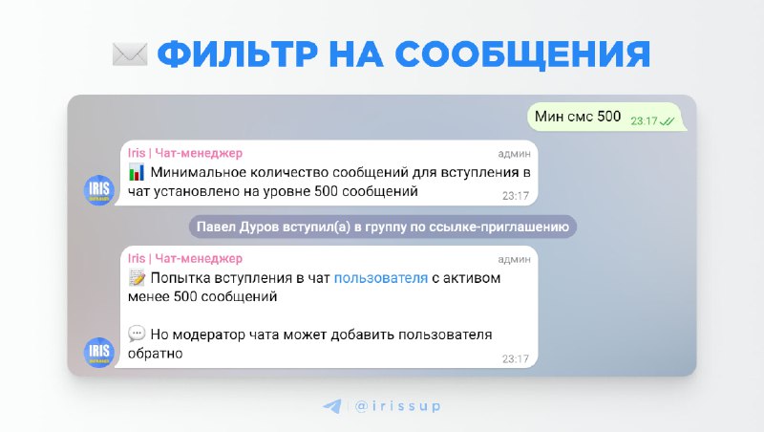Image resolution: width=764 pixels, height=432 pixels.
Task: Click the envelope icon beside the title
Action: (x=130, y=54)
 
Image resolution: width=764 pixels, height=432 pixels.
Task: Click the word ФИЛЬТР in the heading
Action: (x=238, y=54)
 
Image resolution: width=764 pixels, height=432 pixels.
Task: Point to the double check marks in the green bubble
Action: (x=667, y=121)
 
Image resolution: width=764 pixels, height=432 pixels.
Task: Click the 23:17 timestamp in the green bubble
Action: (x=644, y=121)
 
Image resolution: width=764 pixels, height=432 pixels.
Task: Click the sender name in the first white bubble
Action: (x=185, y=153)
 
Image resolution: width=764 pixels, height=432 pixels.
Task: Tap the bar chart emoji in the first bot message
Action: (x=137, y=172)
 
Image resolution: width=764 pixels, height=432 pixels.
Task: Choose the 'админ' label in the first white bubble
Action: (x=514, y=154)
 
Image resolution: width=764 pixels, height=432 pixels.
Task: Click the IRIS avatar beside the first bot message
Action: (x=99, y=189)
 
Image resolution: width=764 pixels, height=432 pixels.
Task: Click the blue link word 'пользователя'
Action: (x=381, y=278)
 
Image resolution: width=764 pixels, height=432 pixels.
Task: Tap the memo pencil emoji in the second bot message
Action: (x=137, y=277)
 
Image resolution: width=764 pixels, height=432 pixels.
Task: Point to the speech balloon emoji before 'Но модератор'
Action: (x=137, y=334)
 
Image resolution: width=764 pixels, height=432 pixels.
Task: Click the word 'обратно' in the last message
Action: (x=155, y=354)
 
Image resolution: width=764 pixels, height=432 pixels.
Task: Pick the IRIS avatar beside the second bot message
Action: (x=99, y=352)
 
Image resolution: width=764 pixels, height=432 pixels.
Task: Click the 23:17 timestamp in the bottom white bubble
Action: (x=516, y=358)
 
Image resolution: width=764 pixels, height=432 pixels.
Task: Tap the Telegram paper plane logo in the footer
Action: (x=332, y=406)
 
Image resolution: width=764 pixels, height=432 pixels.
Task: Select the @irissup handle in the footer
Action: (x=397, y=406)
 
